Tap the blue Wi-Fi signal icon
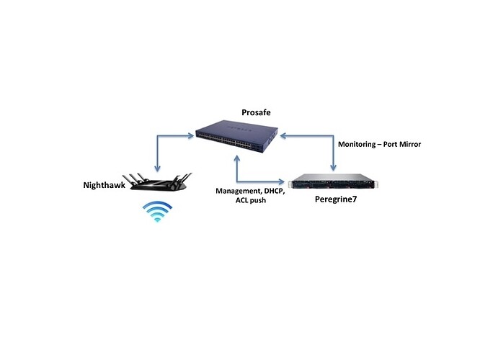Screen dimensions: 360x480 (x=156, y=212)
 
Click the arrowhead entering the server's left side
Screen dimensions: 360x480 (x=286, y=180)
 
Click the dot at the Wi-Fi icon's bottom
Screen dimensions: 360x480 (x=156, y=220)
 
